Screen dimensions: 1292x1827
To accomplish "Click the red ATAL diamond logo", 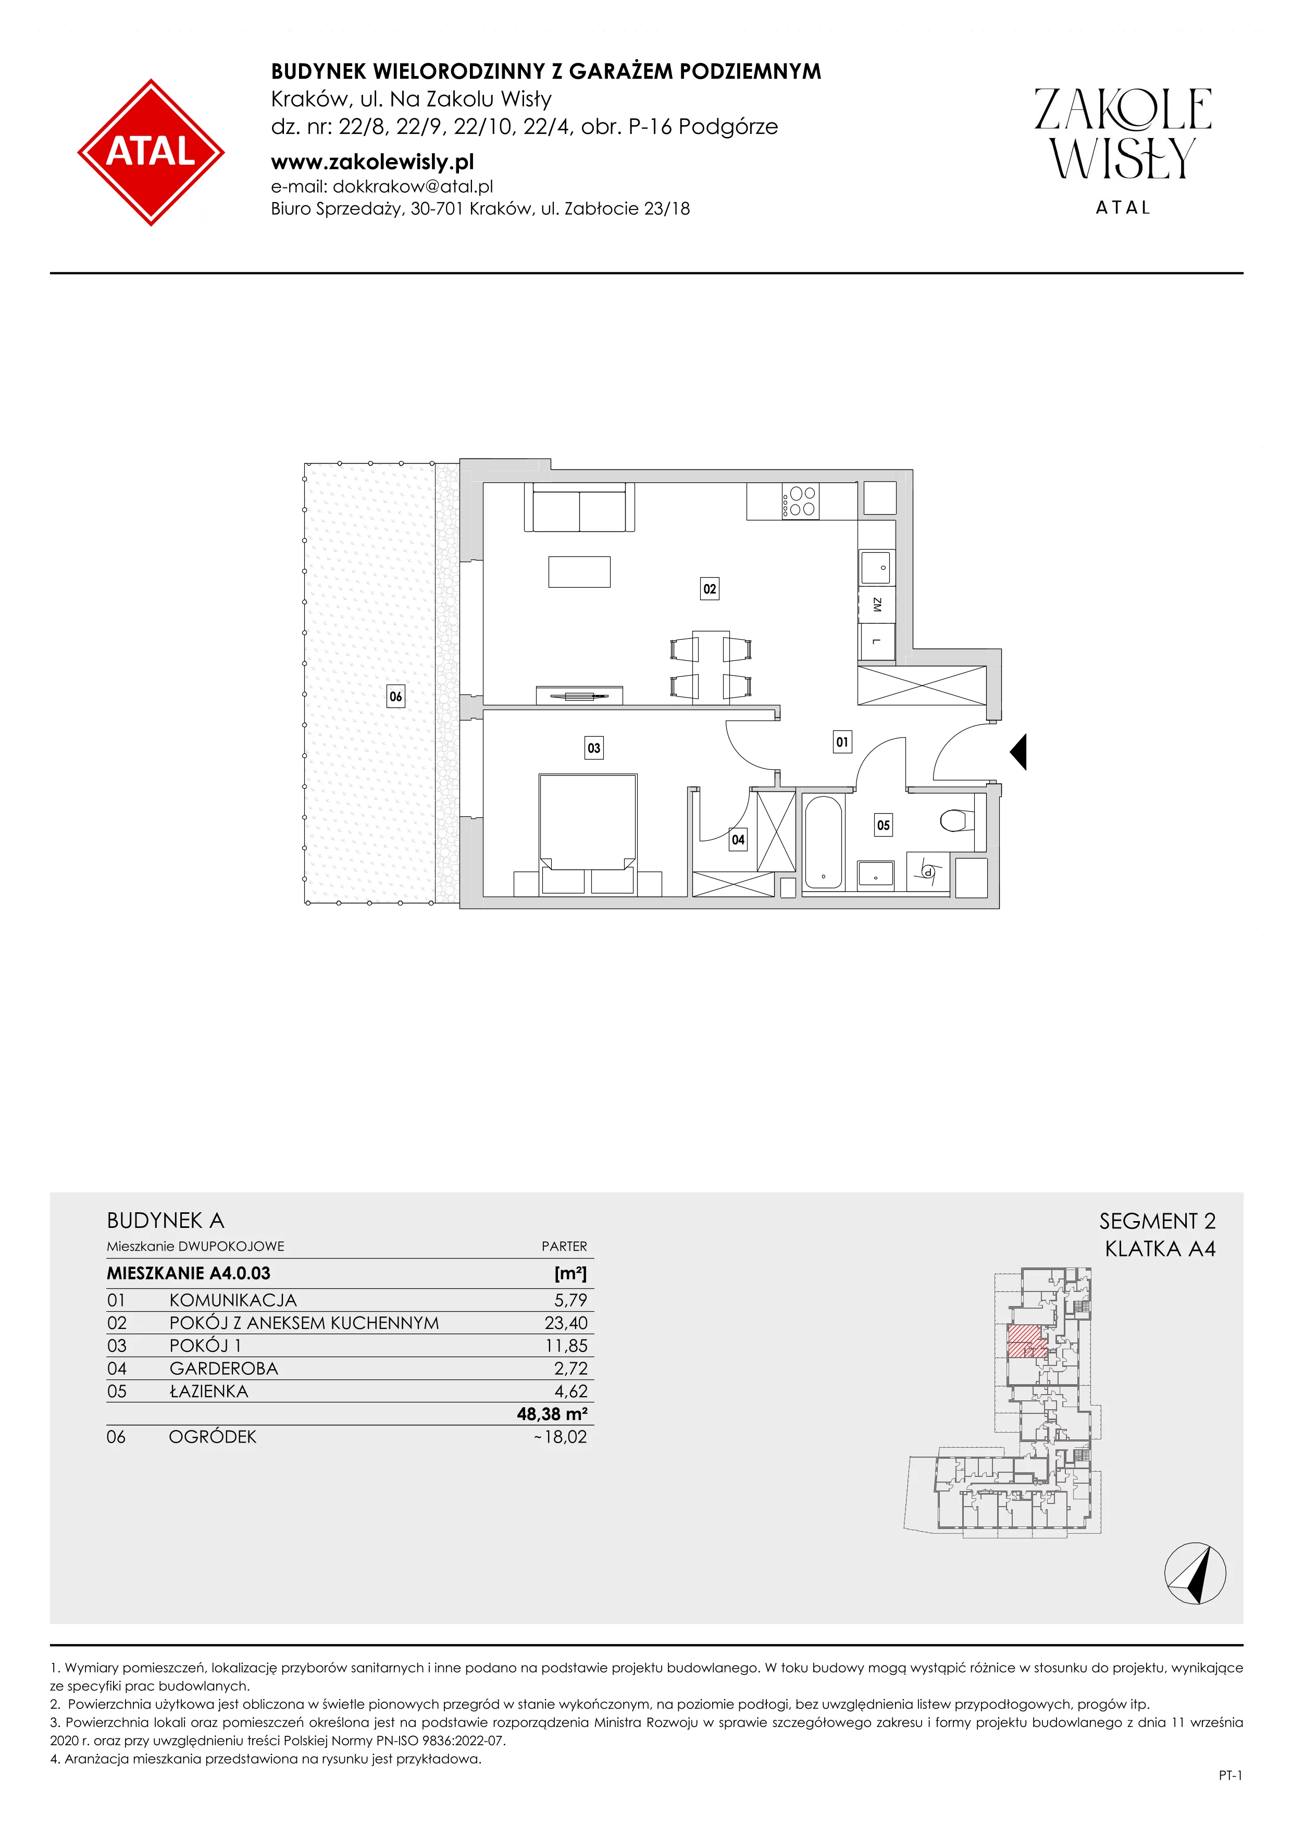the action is pos(151,152).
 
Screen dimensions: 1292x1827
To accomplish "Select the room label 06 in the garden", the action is pos(395,697).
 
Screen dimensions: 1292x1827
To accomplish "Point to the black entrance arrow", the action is pos(1018,751).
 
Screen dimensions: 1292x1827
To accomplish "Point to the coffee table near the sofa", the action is pos(579,571).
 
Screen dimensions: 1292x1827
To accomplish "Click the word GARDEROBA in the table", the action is pos(223,1368).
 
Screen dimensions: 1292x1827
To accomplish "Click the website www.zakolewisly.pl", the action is pos(372,163).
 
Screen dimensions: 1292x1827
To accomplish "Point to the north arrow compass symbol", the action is pos(1195,1573).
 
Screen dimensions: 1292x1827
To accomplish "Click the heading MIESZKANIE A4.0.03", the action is pos(189,1273).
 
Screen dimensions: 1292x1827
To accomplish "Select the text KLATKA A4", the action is pos(1160,1249).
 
